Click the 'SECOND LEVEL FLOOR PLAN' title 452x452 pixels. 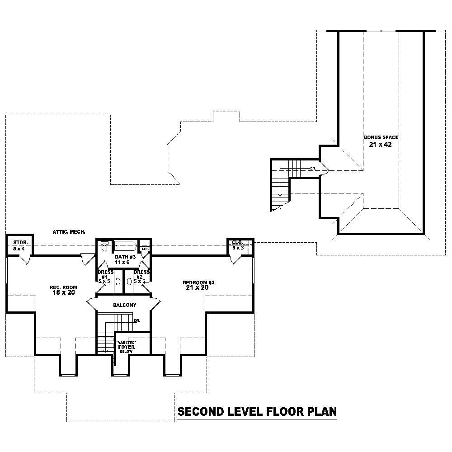click(x=257, y=412)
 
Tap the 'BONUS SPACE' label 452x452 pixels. click(x=381, y=137)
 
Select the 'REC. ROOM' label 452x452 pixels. click(x=63, y=287)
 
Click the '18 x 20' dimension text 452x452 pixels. click(x=63, y=293)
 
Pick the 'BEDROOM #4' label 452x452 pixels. click(x=198, y=282)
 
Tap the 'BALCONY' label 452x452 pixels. click(x=124, y=305)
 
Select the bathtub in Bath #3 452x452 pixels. click(x=124, y=246)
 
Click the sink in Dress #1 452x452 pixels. click(x=118, y=281)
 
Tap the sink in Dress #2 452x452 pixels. click(x=129, y=281)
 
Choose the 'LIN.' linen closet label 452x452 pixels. click(x=145, y=249)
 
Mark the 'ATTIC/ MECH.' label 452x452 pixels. click(x=69, y=232)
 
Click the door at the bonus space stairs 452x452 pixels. click(x=325, y=169)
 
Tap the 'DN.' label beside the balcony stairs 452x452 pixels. click(x=137, y=320)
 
